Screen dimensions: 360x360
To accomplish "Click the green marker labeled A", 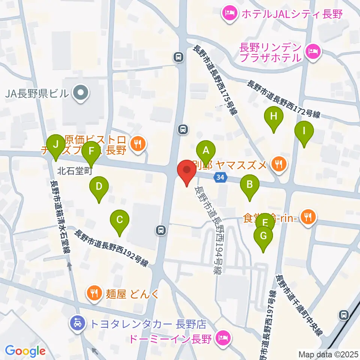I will (x=205, y=151).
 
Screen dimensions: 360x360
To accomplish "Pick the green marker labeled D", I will (x=99, y=186).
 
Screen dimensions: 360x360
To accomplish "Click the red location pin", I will (x=187, y=171).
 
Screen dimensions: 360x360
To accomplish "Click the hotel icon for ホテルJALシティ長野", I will (x=229, y=14).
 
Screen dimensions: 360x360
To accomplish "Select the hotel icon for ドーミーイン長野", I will (x=223, y=339).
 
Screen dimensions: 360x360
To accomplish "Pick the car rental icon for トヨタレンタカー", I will (x=77, y=323).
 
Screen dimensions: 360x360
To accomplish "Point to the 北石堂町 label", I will (x=75, y=171).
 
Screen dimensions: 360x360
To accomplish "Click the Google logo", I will (x=25, y=351).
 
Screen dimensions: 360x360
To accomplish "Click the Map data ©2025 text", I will (x=328, y=353).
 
